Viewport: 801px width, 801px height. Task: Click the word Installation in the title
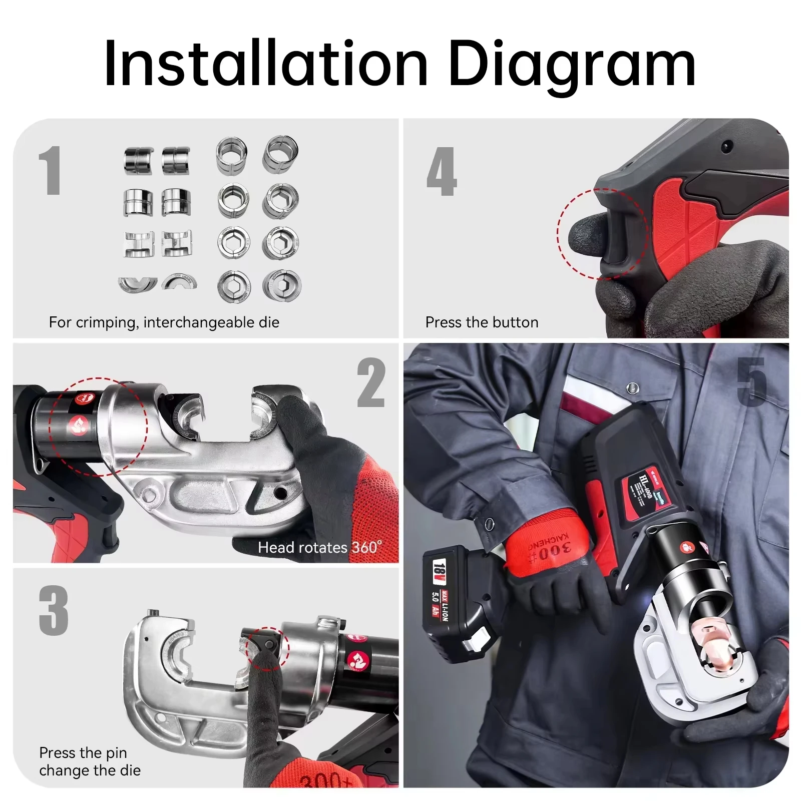[x=265, y=64]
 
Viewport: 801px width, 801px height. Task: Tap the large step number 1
[x=51, y=171]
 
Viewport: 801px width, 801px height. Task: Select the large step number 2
[x=371, y=383]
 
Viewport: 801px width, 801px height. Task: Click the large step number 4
[x=442, y=171]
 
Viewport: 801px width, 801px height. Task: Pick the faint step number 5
[x=751, y=382]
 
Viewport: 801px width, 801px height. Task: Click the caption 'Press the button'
[x=482, y=322]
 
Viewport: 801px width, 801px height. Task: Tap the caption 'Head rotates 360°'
[x=319, y=547]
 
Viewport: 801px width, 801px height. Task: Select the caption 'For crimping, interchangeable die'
[x=164, y=322]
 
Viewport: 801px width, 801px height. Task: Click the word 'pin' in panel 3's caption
[x=116, y=753]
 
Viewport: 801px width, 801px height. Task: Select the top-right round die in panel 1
[x=280, y=153]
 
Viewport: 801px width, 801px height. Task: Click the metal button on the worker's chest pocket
[x=633, y=386]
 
